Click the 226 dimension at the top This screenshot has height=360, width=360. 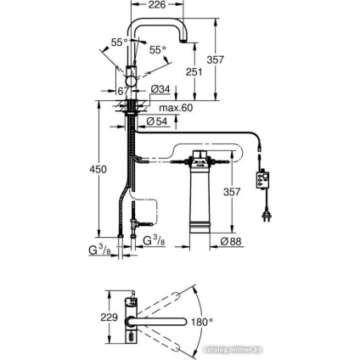(158, 6)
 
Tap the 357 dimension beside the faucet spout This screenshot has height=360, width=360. (216, 61)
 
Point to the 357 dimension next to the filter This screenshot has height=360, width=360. (231, 193)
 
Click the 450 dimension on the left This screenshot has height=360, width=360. (98, 169)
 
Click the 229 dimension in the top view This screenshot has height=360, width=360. (110, 316)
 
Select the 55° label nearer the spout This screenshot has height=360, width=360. (158, 50)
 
